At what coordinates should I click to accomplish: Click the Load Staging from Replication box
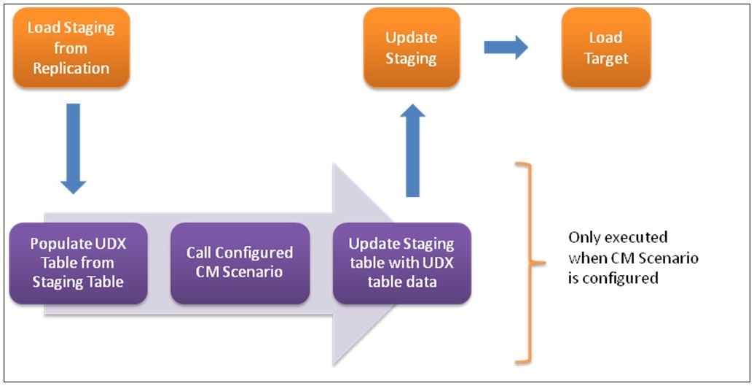coord(71,48)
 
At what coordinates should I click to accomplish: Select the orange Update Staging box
coord(411,47)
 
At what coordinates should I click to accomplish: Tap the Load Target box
coord(605,47)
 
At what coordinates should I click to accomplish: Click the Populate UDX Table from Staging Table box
coord(78,263)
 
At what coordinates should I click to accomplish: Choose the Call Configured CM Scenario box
coord(240,263)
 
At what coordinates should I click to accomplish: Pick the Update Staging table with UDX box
coord(401,263)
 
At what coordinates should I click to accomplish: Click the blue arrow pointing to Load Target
coord(506,48)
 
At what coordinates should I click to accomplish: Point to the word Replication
coord(71,69)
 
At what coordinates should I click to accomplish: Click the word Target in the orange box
coord(605,58)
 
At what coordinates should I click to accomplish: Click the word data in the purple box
coord(422,282)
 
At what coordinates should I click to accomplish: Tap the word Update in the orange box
coord(411,38)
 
